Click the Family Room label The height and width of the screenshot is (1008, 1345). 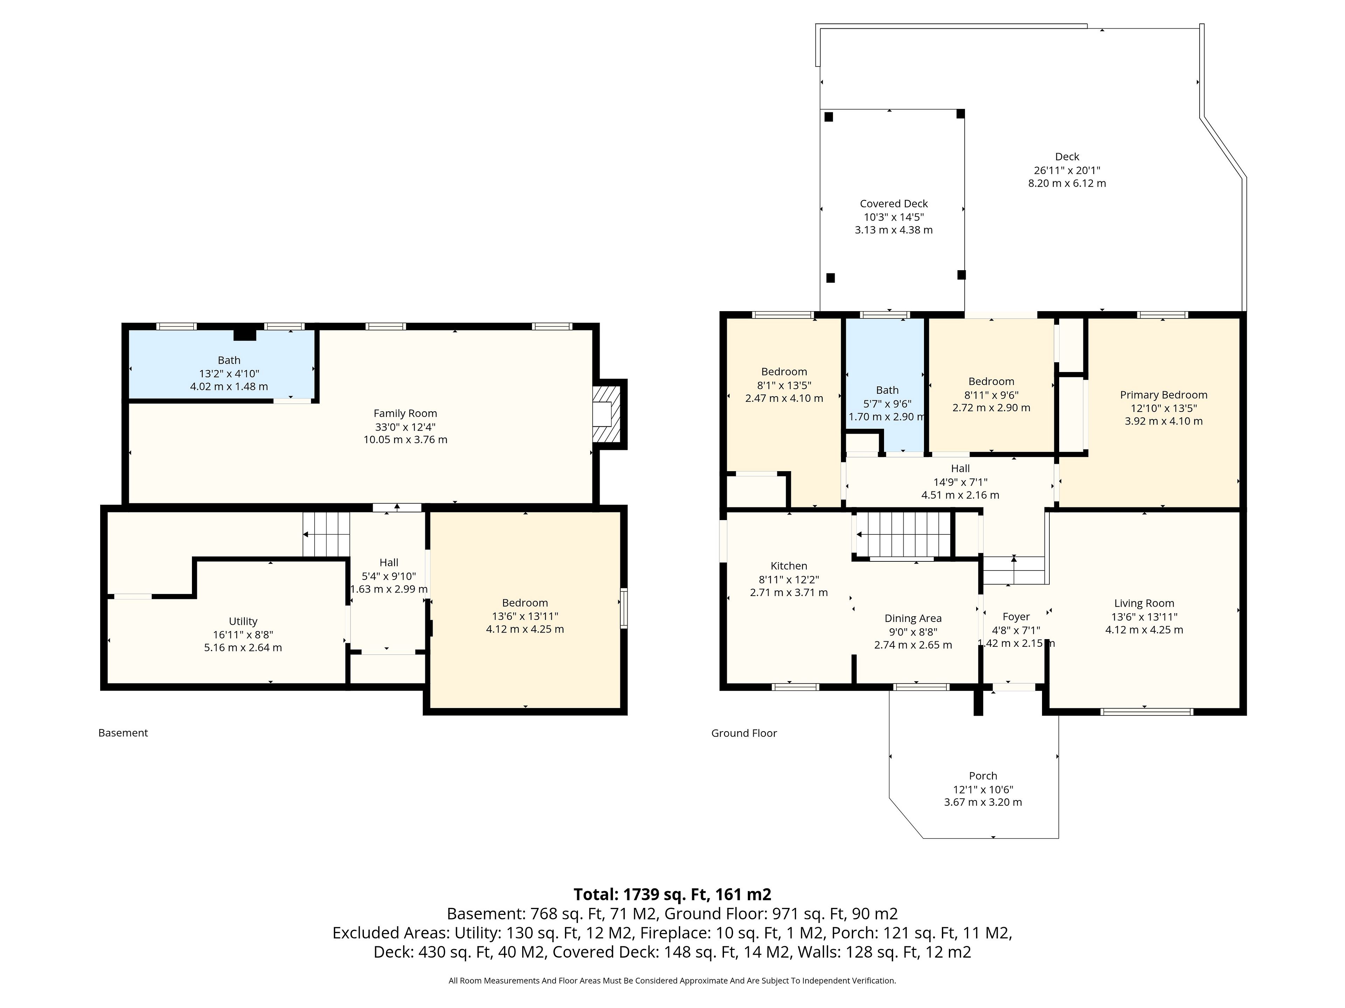[x=405, y=413]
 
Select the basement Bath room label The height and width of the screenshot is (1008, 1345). [x=229, y=360]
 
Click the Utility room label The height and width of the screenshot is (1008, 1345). [x=243, y=621]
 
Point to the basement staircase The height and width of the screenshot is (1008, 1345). [x=326, y=534]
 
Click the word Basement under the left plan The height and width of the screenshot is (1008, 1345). [x=123, y=733]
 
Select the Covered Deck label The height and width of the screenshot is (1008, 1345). [x=893, y=204]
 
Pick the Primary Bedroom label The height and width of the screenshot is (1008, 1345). [x=1163, y=395]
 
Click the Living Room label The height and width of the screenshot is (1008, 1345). [x=1144, y=603]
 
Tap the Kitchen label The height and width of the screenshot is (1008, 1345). [x=789, y=566]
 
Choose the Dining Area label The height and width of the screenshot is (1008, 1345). [x=913, y=618]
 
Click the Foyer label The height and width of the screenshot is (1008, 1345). [x=1016, y=617]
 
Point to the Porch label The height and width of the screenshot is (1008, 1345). [x=982, y=776]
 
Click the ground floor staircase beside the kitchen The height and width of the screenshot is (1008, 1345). [x=903, y=534]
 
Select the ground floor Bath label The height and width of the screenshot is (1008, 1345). [x=887, y=390]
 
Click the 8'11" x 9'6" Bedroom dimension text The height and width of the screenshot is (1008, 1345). [x=991, y=394]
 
